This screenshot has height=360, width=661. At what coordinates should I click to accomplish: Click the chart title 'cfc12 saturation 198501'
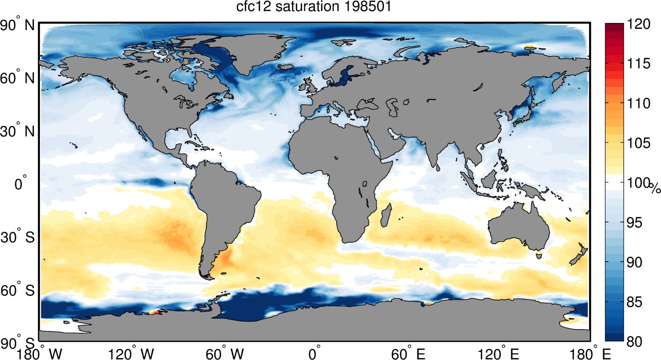coord(313,7)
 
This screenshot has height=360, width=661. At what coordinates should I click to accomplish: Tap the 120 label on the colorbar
coord(639,24)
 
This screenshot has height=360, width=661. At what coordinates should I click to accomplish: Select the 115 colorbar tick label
coord(639,64)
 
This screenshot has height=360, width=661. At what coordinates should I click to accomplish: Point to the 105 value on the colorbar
coord(639,143)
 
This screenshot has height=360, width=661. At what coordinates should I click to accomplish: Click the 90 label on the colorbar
coord(634,262)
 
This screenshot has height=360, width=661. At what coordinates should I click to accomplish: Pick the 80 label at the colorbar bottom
coord(634,342)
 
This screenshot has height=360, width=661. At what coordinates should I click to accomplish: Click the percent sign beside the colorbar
coord(655,188)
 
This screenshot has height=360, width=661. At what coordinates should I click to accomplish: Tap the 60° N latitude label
coord(18,78)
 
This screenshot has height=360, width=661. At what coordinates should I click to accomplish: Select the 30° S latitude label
coord(18,237)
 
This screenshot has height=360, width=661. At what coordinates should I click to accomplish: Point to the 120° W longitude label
coord(131,354)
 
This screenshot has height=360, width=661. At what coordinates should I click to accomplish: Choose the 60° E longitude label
coord(408,354)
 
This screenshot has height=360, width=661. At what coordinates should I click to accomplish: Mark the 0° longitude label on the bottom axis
coord(314,354)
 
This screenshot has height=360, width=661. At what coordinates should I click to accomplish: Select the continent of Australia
coord(519,227)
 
